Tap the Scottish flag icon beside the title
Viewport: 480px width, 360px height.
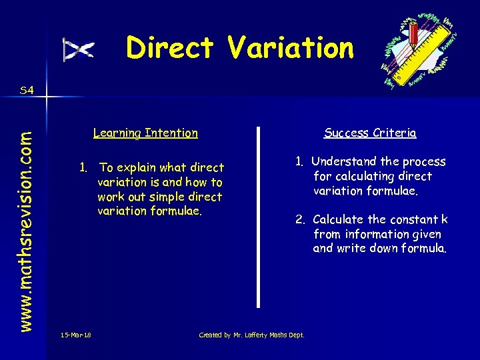(79, 49)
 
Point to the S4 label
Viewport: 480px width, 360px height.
(27, 90)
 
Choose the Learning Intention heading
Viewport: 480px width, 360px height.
(145, 133)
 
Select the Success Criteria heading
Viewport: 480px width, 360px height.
(370, 133)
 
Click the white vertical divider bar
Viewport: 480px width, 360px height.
(259, 217)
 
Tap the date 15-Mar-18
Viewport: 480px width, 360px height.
(75, 335)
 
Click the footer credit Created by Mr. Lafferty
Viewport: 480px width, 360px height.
(251, 335)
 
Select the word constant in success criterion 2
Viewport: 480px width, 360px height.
(415, 219)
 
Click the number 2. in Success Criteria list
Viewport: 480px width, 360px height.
(301, 219)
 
